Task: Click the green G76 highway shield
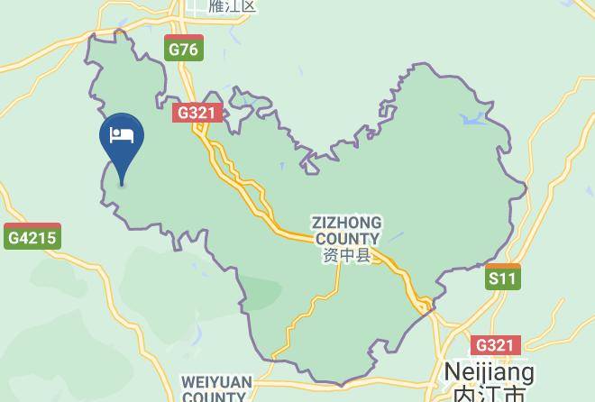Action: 183,49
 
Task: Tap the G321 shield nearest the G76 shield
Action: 197,113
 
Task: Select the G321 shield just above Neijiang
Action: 495,345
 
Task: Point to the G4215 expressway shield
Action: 32,238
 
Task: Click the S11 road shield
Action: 503,278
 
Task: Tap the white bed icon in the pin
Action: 122,136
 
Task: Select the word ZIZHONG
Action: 346,222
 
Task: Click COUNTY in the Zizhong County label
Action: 346,238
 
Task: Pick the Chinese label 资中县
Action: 346,256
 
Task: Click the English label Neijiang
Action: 490,371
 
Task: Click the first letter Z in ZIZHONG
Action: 316,222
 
